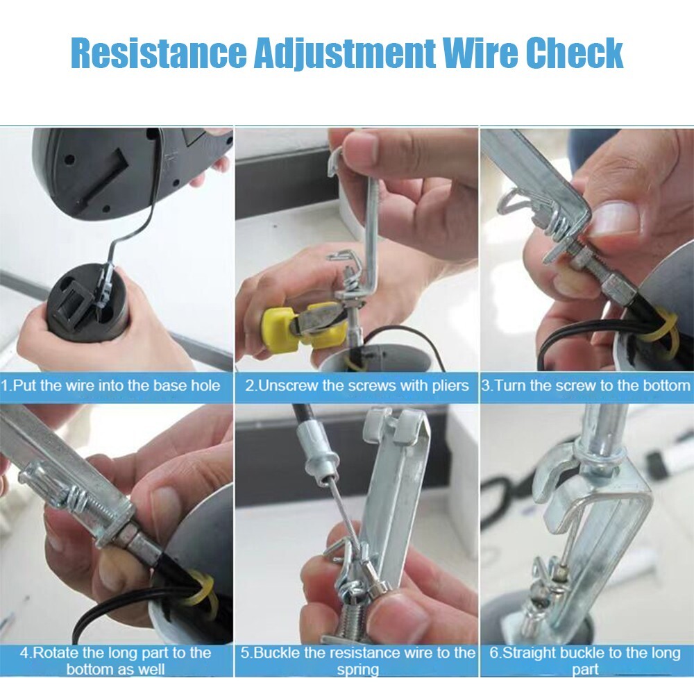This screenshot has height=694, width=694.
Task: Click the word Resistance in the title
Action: pyautogui.click(x=158, y=53)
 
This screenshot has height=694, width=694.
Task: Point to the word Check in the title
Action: pyautogui.click(x=575, y=53)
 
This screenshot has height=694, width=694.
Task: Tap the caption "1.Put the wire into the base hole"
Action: pyautogui.click(x=110, y=385)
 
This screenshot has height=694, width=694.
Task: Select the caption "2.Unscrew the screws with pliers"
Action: pyautogui.click(x=357, y=385)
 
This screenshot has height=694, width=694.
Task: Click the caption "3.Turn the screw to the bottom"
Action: pyautogui.click(x=586, y=385)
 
